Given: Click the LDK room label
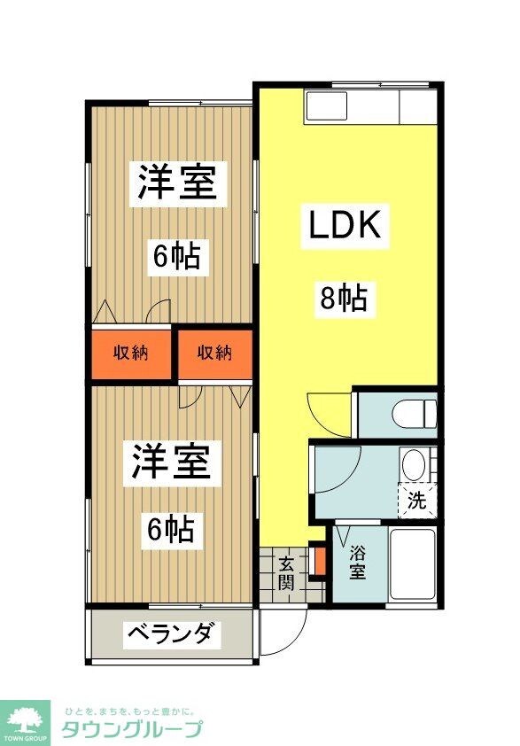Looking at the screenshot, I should coord(345,226).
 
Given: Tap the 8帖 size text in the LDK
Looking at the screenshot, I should coord(343,299).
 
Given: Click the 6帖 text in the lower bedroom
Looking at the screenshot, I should coord(171,530).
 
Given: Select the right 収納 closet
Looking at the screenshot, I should coord(213,353).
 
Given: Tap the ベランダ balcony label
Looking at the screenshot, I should coord(171,633).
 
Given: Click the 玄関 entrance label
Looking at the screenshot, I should coord(286,573).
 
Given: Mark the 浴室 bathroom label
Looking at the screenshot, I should coord(357,562).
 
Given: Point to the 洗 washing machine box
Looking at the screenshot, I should coord(417,500).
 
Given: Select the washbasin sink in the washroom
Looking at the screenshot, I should coord(413,463).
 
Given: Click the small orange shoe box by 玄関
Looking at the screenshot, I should coord(320,562).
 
